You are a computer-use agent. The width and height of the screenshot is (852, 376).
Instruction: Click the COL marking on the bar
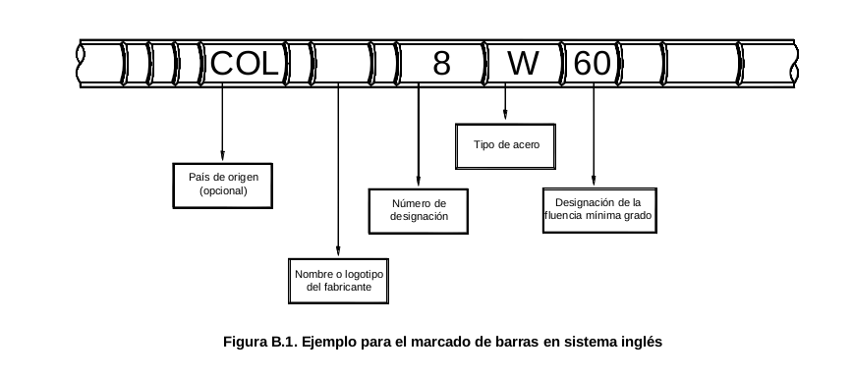pos(244,64)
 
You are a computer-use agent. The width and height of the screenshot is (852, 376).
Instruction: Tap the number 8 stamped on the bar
pos(442,64)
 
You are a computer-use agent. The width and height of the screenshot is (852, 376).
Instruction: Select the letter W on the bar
pos(523,64)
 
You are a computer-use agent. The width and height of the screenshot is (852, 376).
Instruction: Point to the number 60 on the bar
pos(593,64)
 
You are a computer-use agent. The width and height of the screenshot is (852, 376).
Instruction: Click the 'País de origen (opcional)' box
pos(223,186)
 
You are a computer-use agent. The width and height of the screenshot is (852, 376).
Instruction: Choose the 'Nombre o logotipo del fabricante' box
pos(338,281)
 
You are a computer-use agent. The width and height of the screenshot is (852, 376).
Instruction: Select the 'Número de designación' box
pos(419,211)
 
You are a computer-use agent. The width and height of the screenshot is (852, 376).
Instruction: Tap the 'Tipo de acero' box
pos(505,146)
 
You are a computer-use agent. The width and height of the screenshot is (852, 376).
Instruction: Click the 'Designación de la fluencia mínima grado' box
pos(599,210)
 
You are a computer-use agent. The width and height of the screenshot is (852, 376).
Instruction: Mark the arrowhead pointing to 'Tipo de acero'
pos(505,114)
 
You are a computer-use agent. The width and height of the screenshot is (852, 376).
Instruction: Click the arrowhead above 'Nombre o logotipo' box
pos(338,250)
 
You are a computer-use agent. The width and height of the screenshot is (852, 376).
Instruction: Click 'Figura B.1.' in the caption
pos(260,343)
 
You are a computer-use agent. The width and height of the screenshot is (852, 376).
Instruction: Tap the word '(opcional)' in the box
pos(223,191)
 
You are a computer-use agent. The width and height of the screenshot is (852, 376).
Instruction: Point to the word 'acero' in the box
pos(527,145)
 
